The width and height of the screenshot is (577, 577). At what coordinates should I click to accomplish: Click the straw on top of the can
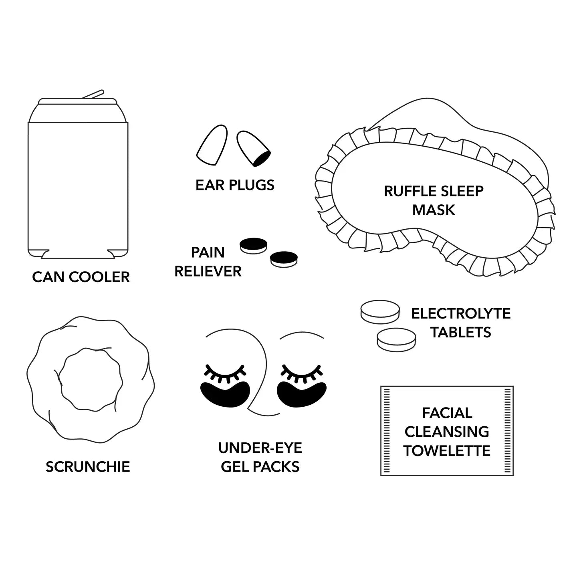click(x=93, y=94)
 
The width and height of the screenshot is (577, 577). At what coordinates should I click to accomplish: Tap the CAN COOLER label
click(x=81, y=277)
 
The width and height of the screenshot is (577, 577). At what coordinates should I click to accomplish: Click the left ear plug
click(x=212, y=145)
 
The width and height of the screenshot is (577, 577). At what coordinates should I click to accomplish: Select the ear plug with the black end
click(x=253, y=149)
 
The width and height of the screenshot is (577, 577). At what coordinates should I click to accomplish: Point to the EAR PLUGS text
click(x=235, y=185)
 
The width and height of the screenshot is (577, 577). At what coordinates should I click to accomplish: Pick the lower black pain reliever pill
click(x=284, y=259)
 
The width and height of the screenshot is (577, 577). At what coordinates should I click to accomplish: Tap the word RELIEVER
click(x=208, y=271)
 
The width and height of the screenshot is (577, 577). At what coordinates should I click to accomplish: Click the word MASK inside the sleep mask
click(x=434, y=210)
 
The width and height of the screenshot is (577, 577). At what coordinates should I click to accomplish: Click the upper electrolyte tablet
click(x=380, y=312)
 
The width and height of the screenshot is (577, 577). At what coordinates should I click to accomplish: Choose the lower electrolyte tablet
click(x=396, y=340)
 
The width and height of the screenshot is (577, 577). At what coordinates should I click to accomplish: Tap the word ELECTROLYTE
click(x=461, y=313)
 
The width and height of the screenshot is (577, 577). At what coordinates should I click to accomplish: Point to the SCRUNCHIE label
click(x=88, y=467)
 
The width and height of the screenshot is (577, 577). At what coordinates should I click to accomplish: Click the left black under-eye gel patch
click(x=225, y=394)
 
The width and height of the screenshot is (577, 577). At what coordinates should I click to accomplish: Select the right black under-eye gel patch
click(x=302, y=394)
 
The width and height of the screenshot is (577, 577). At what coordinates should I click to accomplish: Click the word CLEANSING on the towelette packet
click(x=447, y=432)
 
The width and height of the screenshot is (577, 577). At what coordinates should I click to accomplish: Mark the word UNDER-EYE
click(x=260, y=448)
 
